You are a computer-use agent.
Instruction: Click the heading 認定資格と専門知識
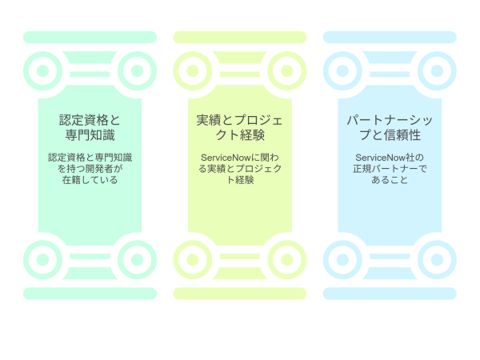click(90, 127)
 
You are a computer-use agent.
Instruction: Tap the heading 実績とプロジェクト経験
click(240, 127)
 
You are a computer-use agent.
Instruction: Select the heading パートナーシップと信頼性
click(390, 127)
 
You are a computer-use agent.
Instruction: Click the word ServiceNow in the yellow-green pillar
click(226, 158)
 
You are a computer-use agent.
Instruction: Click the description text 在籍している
click(90, 180)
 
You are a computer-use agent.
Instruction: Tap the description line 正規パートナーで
click(390, 169)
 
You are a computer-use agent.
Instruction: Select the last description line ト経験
click(240, 180)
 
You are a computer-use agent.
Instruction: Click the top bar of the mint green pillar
click(90, 37)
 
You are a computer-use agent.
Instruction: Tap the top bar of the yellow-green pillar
click(240, 37)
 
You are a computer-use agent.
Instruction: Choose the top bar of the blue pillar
click(390, 37)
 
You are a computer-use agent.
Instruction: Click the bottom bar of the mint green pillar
click(90, 294)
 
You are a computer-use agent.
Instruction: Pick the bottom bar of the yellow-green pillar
click(240, 294)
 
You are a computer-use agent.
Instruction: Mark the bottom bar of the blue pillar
click(390, 294)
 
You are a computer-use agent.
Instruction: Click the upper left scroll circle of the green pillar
click(43, 70)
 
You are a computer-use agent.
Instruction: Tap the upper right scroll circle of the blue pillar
click(437, 70)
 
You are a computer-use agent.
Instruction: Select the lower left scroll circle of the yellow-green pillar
click(193, 259)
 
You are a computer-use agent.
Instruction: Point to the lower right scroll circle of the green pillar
click(137, 259)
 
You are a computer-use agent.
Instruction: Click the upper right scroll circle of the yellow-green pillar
click(287, 70)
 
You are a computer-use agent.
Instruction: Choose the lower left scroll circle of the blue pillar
click(342, 259)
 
